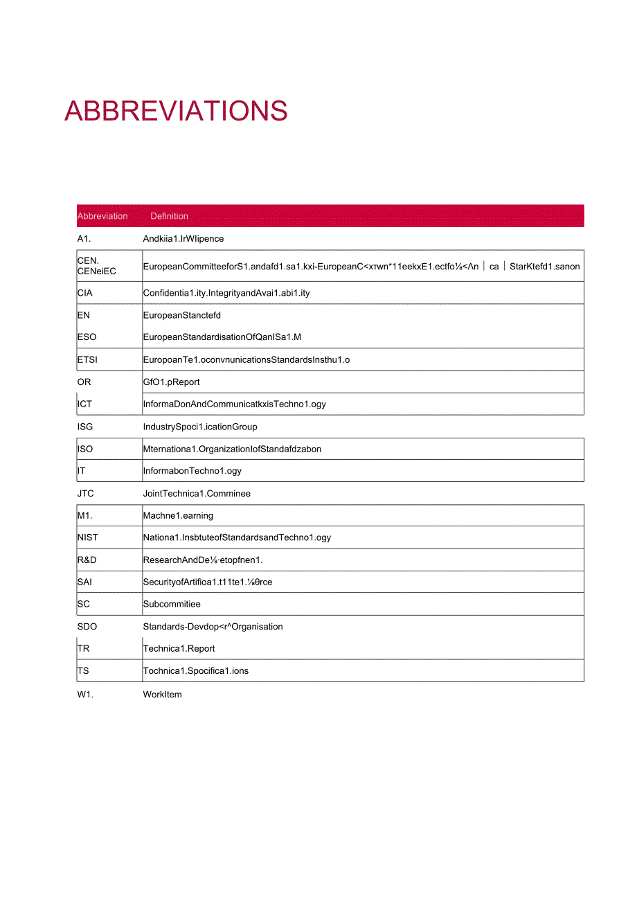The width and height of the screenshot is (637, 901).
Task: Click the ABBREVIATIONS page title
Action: point(176,111)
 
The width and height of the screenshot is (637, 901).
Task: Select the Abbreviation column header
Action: point(102,216)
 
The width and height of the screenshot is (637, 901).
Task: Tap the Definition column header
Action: point(169,216)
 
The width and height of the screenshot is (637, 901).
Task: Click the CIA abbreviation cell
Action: point(85,293)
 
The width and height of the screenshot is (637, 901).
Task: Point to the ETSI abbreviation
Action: point(88,359)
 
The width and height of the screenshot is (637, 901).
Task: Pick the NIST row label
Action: point(88,537)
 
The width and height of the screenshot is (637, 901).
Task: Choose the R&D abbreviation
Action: point(87,560)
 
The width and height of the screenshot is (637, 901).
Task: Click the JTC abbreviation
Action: point(86,494)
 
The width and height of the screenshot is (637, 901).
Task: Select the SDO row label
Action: point(87,627)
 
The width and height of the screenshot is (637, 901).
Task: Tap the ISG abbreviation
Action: point(85,427)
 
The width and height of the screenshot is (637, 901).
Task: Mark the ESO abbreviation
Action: point(87,337)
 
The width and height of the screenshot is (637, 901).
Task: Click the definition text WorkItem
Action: point(163,695)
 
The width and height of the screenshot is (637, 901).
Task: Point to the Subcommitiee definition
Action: point(172,604)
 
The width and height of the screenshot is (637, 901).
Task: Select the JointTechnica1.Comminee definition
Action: point(197,494)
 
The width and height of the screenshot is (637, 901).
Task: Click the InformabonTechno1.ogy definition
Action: point(192,471)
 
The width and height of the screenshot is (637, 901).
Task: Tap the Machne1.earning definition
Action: point(178,515)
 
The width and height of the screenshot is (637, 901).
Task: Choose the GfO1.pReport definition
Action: point(171,382)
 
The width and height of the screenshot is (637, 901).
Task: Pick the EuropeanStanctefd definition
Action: point(182,315)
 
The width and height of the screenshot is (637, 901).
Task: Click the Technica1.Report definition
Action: point(179,649)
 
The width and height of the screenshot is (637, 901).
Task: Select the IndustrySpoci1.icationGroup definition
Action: point(200,427)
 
